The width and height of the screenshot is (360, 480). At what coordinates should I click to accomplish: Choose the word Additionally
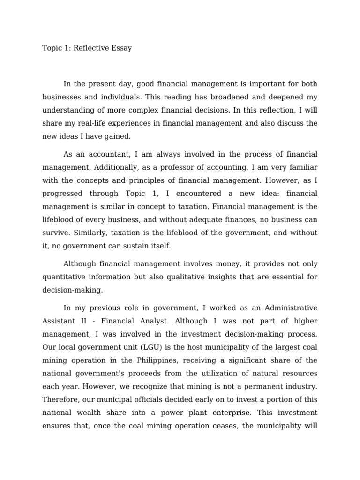tap(108, 167)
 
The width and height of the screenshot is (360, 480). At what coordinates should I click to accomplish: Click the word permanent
tap(260, 387)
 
